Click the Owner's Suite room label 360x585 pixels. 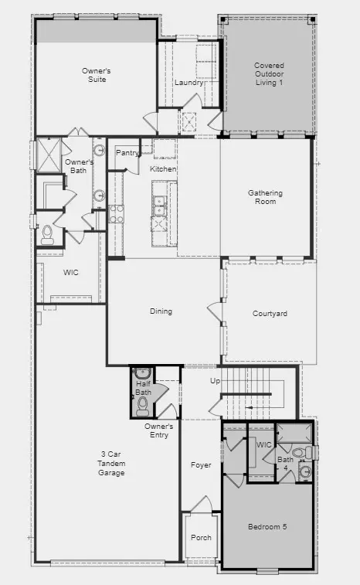point(97,75)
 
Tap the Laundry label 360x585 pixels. point(188,83)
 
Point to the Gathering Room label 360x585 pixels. point(265,197)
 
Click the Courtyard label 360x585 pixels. point(270,314)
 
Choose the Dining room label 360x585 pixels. point(161,311)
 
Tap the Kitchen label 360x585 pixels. point(163,169)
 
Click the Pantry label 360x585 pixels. point(127,153)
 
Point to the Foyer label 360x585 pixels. point(201,465)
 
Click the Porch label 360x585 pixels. point(201,538)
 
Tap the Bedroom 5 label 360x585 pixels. point(267,527)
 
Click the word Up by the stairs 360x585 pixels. point(215,382)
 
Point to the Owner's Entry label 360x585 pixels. point(158,430)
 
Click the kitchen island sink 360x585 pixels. point(159,206)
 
